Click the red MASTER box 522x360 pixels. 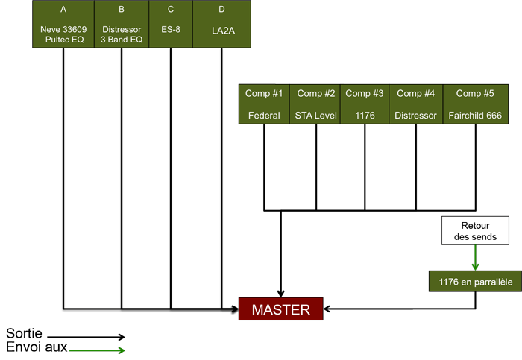click(280, 309)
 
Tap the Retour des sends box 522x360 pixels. click(475, 230)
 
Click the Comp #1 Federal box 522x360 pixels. click(264, 104)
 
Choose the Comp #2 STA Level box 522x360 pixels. click(316, 104)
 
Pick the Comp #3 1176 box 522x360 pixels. click(365, 104)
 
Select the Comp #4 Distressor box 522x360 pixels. click(416, 104)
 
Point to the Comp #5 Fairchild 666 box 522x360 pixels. click(475, 104)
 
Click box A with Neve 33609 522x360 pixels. click(63, 24)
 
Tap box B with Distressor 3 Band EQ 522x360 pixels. click(122, 24)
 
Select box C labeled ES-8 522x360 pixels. click(171, 24)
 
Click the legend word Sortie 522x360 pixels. click(24, 332)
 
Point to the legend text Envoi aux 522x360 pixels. click(37, 347)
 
